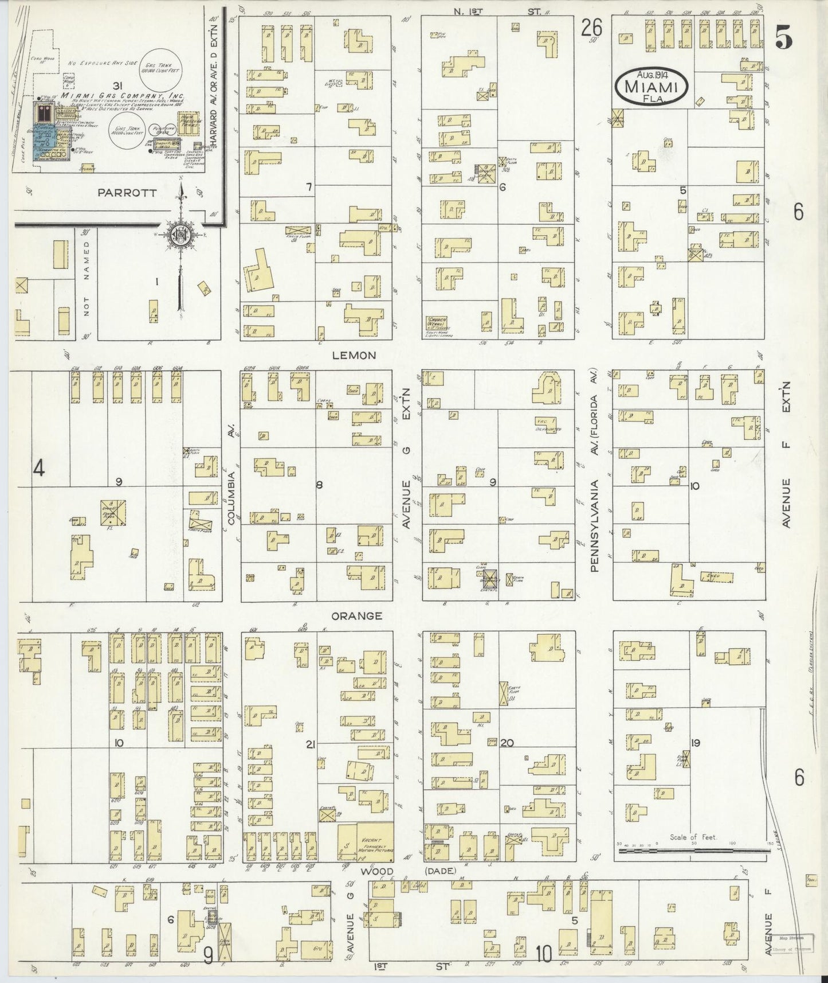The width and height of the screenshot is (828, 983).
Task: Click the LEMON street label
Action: [x=355, y=355]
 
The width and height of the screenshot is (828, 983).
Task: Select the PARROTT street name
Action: [x=127, y=193]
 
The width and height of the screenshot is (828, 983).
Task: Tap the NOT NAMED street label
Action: [x=87, y=287]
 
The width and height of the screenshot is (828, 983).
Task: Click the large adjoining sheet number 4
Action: [x=38, y=469]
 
